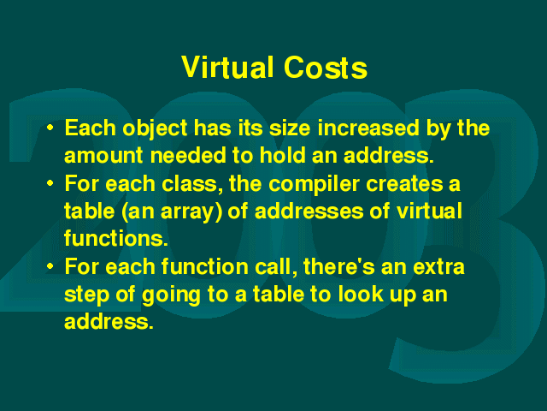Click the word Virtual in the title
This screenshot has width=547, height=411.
(227, 67)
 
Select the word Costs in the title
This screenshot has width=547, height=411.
(326, 67)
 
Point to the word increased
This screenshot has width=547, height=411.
(368, 128)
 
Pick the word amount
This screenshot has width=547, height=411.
(103, 155)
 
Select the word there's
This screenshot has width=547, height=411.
(339, 266)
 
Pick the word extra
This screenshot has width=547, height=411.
(438, 267)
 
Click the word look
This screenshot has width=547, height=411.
(361, 294)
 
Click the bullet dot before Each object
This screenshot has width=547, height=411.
(50, 128)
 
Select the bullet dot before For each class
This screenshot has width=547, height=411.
(50, 183)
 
